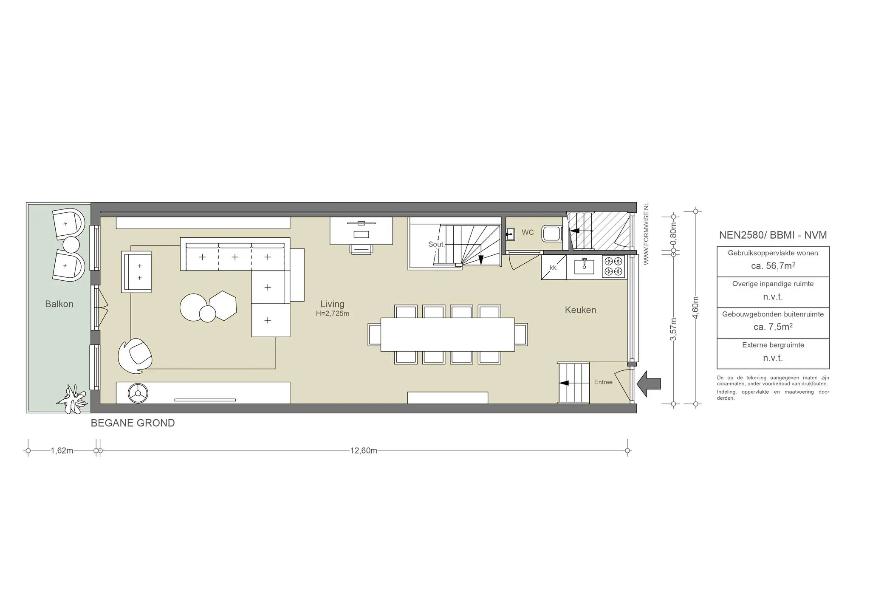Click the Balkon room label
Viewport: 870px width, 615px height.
[x=59, y=304]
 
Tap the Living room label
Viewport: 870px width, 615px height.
[x=332, y=304]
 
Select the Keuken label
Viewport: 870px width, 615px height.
[x=580, y=310]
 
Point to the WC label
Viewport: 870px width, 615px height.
[x=528, y=232]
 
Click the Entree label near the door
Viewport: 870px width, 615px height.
[x=603, y=382]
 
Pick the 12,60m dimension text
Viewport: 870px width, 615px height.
[x=364, y=451]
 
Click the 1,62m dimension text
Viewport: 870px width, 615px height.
[x=62, y=451]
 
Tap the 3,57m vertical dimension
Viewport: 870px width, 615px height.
[x=673, y=329]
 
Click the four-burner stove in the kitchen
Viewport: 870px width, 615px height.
[x=614, y=266]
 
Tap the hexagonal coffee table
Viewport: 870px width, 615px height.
[x=223, y=306]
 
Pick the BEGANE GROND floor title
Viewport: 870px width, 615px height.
[x=133, y=423]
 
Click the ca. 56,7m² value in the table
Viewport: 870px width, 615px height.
[x=773, y=266]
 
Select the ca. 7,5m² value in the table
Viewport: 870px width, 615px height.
[x=773, y=327]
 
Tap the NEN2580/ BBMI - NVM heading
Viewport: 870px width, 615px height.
[x=773, y=235]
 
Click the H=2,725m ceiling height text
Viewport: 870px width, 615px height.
[x=333, y=314]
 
